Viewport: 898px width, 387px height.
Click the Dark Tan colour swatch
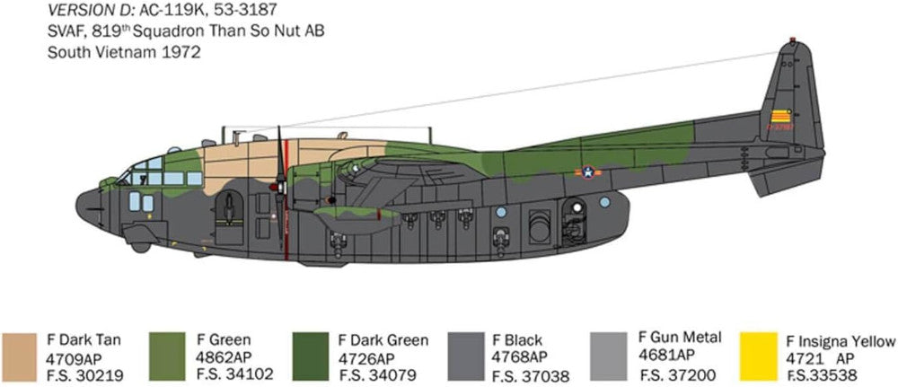tap(20, 356)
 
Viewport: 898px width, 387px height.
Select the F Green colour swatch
tap(167, 356)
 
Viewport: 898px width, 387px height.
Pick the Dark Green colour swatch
tap(311, 356)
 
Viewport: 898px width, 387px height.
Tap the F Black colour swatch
tap(465, 356)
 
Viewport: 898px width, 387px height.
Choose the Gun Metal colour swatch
tap(608, 356)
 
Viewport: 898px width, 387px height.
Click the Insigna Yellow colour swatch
tap(758, 356)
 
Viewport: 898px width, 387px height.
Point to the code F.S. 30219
tap(85, 376)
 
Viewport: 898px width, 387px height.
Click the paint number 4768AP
tap(519, 357)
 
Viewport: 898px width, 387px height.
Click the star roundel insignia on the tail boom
tap(588, 172)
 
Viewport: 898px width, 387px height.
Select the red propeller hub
tap(279, 187)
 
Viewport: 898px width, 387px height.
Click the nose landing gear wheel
tap(140, 247)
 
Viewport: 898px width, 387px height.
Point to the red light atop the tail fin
tap(793, 40)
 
